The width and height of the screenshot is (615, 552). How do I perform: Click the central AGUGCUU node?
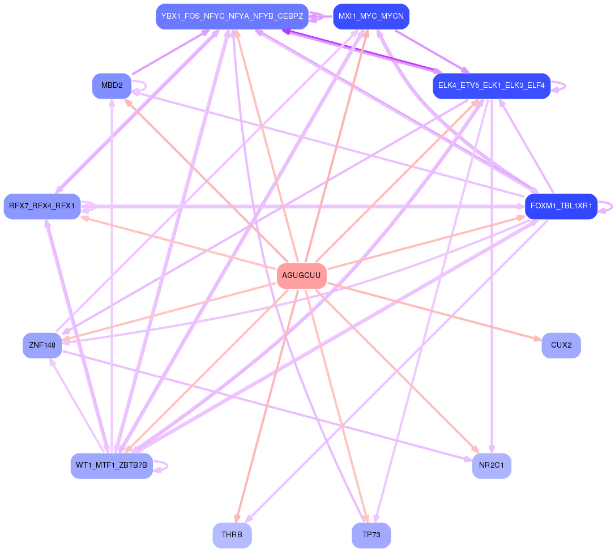click(301, 276)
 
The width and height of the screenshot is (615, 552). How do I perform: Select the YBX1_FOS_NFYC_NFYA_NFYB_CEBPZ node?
click(232, 16)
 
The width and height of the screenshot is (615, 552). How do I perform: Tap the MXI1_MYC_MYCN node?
click(371, 16)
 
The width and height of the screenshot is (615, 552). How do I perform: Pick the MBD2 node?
click(112, 85)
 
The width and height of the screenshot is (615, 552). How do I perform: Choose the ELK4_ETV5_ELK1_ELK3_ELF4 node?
click(491, 85)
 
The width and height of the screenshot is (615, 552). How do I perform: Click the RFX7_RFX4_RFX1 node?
click(42, 206)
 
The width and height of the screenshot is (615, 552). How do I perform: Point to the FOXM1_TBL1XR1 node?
click(561, 206)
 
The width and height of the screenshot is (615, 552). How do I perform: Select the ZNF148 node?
click(42, 345)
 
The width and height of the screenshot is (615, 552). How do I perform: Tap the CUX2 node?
click(561, 345)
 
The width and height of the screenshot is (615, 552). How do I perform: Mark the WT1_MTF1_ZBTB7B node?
click(112, 465)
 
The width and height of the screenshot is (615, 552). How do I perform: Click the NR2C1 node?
click(491, 465)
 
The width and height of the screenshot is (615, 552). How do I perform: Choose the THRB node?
click(232, 535)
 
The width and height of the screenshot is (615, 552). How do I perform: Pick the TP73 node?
click(371, 535)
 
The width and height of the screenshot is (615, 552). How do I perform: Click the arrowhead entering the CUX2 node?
click(537, 339)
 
